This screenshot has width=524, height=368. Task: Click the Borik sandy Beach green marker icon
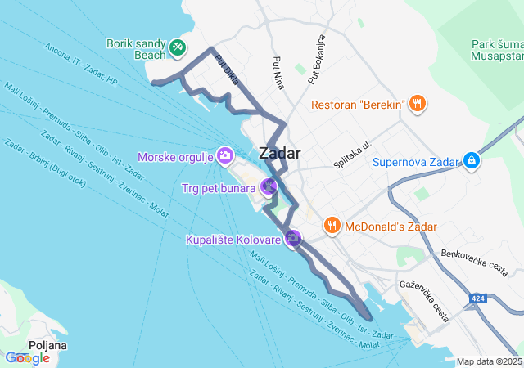pyautogui.click(x=177, y=48)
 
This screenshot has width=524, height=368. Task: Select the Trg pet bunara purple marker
pyautogui.click(x=269, y=187)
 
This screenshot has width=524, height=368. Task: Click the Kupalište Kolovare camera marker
pyautogui.click(x=293, y=238)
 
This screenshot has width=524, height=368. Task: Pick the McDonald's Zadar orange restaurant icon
pyautogui.click(x=332, y=225)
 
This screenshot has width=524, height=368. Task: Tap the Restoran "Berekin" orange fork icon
pyautogui.click(x=418, y=104)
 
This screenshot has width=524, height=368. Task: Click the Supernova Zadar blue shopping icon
pyautogui.click(x=472, y=161)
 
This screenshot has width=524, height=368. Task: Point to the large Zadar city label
pyautogui.click(x=279, y=153)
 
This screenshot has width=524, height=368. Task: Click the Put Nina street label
pyautogui.click(x=278, y=74)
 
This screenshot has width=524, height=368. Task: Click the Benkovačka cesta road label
pyautogui.click(x=474, y=259)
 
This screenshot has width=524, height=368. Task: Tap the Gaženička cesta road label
pyautogui.click(x=424, y=301)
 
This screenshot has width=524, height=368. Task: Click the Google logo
pyautogui.click(x=27, y=358)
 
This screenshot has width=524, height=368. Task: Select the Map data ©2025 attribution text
pyautogui.click(x=489, y=361)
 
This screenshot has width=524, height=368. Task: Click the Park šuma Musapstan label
pyautogui.click(x=497, y=50)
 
